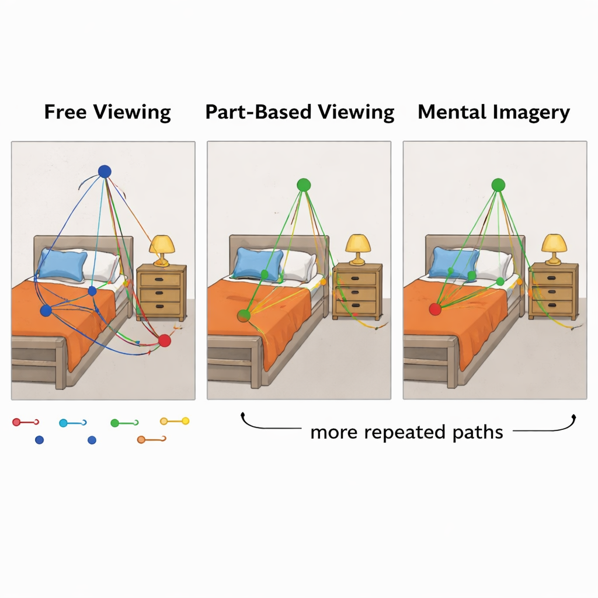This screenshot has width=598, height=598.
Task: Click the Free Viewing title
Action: [107, 112]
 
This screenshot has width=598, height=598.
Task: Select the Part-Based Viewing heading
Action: [300, 112]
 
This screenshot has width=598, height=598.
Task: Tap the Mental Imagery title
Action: [494, 112]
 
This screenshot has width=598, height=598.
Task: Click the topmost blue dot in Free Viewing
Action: [105, 171]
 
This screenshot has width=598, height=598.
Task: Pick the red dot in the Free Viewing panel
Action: [165, 340]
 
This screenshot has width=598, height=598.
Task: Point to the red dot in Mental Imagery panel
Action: [435, 310]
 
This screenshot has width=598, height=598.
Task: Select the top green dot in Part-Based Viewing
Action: [303, 185]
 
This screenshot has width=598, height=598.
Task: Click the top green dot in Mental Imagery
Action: [498, 185]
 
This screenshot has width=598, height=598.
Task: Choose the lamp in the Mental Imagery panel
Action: [554, 248]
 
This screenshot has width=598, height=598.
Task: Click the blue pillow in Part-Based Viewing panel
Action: [258, 262]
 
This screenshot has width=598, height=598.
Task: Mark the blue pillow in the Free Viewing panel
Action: [62, 263]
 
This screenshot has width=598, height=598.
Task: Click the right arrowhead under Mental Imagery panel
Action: [575, 416]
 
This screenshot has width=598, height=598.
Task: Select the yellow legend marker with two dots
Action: [175, 420]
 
